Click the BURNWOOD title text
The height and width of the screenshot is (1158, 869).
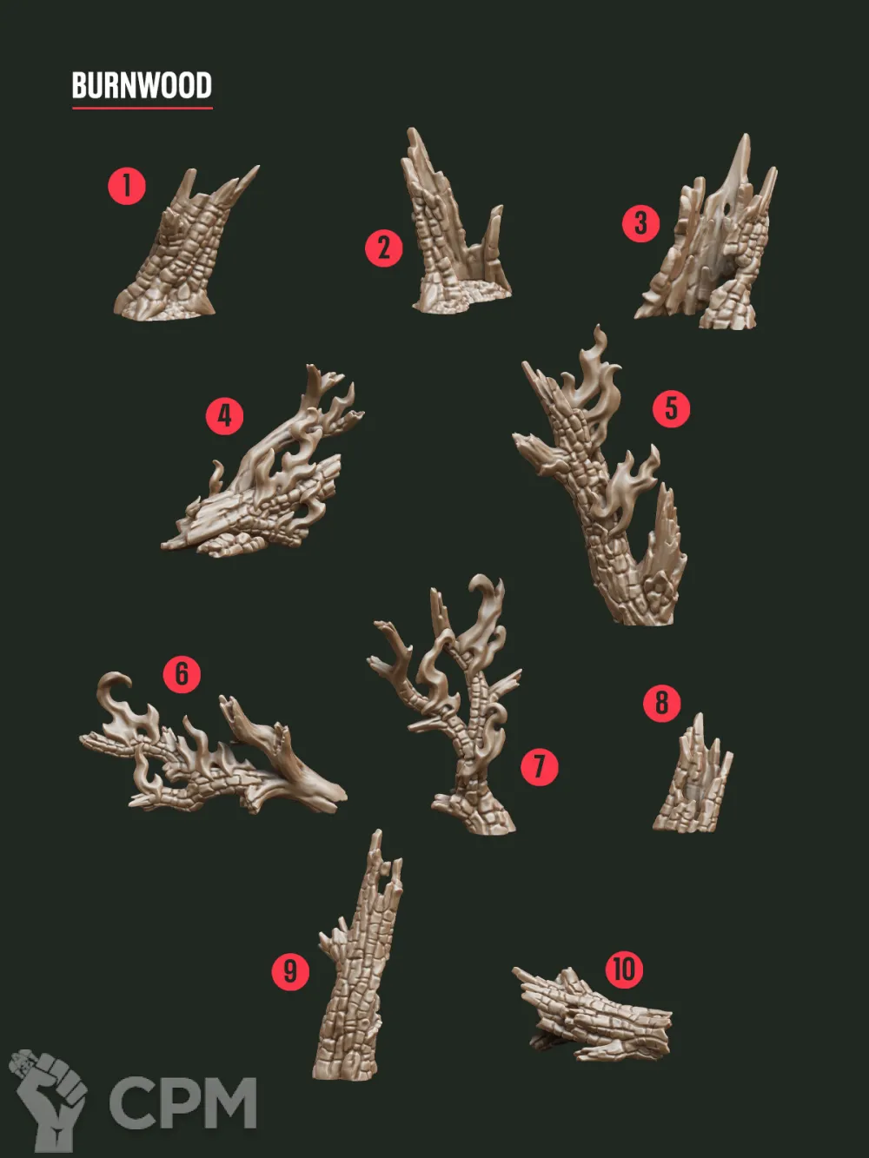point(142,85)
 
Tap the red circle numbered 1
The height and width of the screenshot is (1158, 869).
point(127,186)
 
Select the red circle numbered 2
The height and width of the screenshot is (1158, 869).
point(383,248)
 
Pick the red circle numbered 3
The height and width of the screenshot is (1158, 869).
point(640,223)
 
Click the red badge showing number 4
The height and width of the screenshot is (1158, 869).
point(225,416)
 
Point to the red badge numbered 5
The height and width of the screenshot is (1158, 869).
point(671,408)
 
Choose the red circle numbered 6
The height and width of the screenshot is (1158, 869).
point(182,674)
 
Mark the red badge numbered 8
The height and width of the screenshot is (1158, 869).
point(661,704)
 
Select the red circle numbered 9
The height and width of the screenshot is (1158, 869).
point(290,971)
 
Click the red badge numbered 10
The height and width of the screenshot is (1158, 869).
point(624,969)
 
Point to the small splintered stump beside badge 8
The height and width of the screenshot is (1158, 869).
point(693,773)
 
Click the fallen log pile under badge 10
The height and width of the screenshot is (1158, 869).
point(594,1016)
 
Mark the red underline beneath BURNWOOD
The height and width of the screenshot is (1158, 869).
point(143,108)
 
